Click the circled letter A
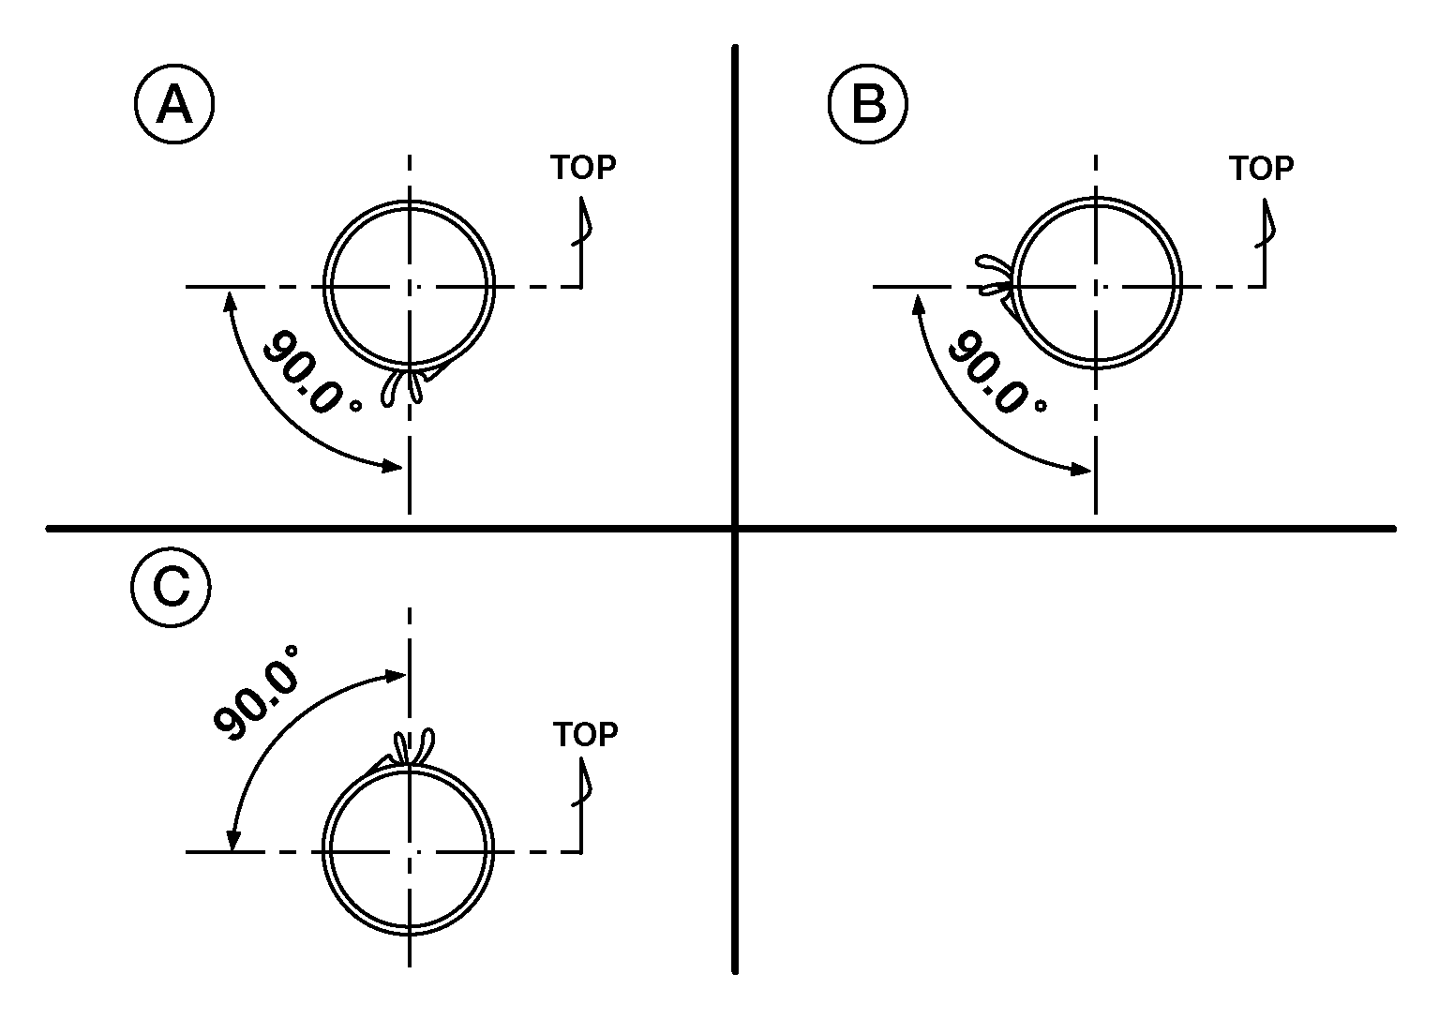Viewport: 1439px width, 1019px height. tap(174, 104)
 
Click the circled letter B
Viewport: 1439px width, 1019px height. tap(868, 104)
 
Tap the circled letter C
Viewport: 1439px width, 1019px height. tap(171, 587)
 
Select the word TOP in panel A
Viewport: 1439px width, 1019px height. tap(583, 168)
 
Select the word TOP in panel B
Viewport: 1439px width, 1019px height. tap(1262, 169)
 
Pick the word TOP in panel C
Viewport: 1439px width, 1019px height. tap(586, 734)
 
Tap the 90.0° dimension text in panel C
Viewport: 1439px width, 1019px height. tap(256, 693)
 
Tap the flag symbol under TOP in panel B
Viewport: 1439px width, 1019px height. tap(1266, 224)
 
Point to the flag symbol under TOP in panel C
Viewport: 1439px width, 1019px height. tap(582, 782)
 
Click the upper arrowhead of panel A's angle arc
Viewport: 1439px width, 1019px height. tap(228, 299)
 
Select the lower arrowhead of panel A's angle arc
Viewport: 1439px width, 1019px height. tap(393, 465)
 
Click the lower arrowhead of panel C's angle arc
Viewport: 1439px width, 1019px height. tap(232, 841)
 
